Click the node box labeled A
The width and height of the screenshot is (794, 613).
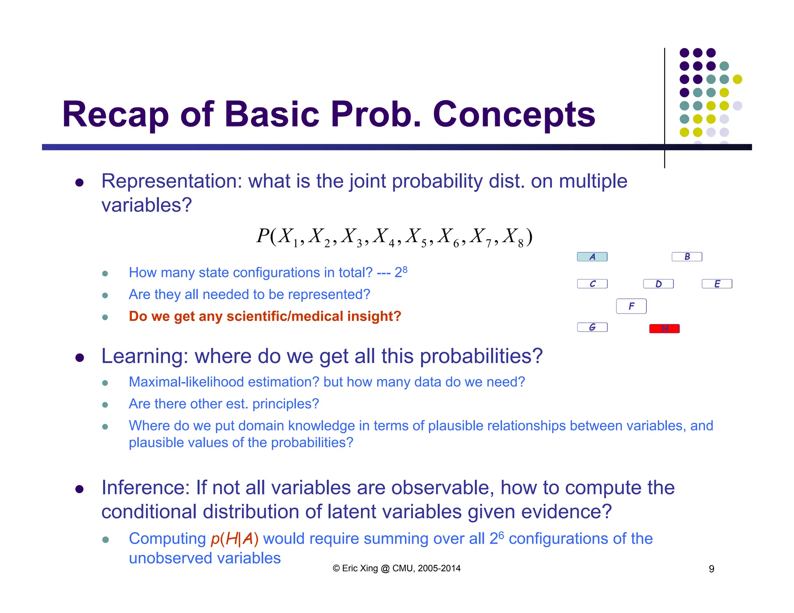(592, 257)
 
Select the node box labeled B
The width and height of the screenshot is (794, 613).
(687, 257)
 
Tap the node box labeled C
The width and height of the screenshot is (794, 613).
(592, 284)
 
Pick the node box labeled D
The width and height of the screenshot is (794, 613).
(658, 284)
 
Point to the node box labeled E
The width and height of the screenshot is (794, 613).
(717, 284)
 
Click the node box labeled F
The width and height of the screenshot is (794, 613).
(631, 306)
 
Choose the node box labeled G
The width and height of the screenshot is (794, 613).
(592, 327)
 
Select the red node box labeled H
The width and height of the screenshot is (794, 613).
(664, 329)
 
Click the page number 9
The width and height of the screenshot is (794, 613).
(711, 569)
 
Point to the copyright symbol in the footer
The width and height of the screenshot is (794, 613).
(336, 568)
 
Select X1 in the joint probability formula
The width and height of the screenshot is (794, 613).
(288, 237)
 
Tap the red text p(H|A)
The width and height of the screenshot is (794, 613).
(234, 539)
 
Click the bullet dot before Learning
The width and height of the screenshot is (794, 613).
(80, 357)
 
